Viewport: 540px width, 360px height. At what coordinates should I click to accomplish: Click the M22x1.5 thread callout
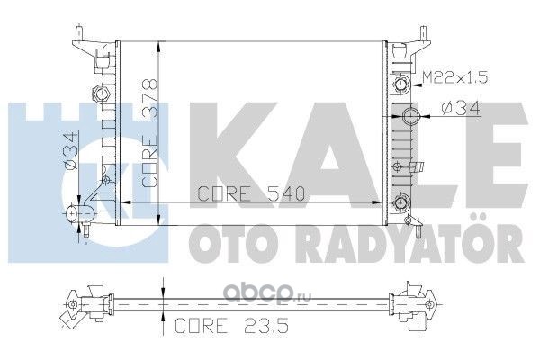coord(454,78)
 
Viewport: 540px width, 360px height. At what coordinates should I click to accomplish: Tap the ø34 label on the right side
coord(461,109)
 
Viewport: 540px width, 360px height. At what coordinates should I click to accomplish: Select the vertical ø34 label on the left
coord(69,151)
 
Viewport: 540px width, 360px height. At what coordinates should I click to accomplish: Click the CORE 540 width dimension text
coord(251,193)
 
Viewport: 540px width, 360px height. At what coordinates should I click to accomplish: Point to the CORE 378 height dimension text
coord(150,134)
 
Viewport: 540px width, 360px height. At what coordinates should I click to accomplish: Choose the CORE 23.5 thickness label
coord(231,326)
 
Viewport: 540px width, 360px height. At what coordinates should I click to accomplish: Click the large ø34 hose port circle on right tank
coord(411,116)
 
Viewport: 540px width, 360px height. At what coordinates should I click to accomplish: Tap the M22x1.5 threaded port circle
coord(400,84)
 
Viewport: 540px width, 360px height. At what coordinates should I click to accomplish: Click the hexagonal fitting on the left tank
coord(101,94)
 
